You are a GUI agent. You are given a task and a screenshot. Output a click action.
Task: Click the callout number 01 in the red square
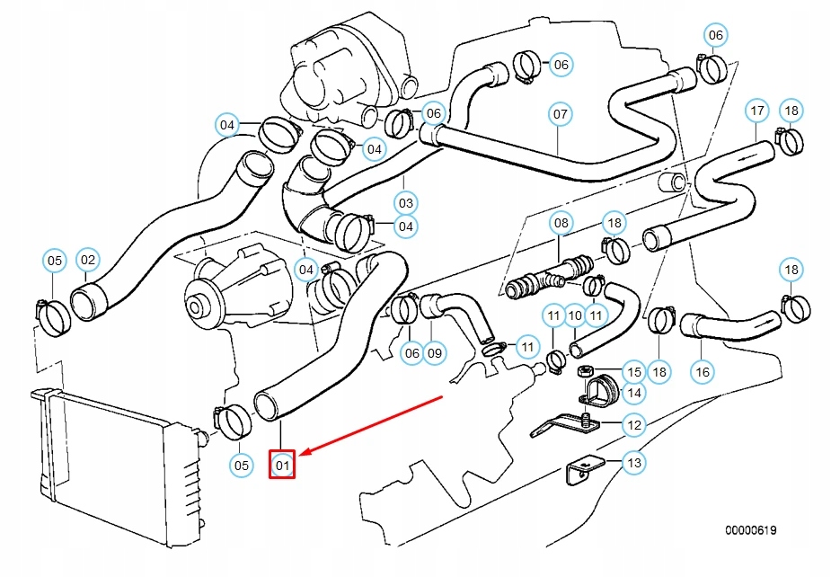282,465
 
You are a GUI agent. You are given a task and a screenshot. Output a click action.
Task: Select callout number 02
87,261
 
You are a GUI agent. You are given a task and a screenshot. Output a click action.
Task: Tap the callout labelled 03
406,202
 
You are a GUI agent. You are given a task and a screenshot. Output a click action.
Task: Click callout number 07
560,114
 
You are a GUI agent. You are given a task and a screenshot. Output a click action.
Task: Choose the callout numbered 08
561,222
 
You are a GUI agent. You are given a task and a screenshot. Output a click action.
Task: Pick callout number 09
435,353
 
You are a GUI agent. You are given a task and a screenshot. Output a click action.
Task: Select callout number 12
634,424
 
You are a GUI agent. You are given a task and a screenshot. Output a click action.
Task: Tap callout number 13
634,463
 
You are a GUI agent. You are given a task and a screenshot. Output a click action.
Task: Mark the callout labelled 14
634,392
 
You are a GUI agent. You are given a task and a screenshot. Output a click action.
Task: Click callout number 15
634,371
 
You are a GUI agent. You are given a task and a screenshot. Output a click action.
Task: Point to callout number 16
701,370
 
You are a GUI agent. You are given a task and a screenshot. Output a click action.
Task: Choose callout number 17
757,111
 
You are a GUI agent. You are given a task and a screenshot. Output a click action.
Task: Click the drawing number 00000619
751,530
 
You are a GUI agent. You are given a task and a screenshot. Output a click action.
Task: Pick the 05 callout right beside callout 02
55,261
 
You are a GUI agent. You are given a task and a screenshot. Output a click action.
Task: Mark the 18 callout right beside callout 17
791,111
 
